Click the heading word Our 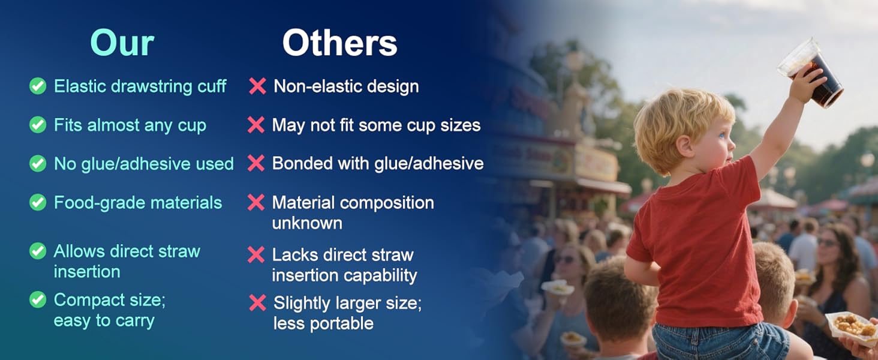(122, 43)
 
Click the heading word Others (340, 43)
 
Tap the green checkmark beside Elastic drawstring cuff (38, 86)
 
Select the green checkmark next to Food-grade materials (38, 202)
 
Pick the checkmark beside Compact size (38, 299)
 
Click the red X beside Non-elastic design (257, 86)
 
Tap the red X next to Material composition (256, 202)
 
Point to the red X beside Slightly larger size (257, 303)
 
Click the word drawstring (152, 86)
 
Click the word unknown (307, 223)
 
